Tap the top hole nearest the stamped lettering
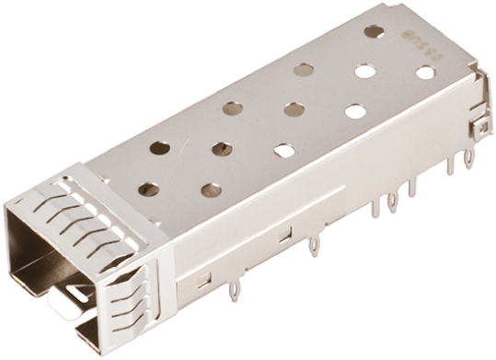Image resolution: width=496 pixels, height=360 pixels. [374, 31]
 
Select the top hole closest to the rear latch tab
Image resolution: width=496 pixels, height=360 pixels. [425, 72]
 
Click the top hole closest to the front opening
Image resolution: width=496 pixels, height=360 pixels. [148, 189]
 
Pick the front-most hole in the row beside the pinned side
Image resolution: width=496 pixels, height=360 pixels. [211, 190]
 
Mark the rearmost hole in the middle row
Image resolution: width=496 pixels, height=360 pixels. [364, 70]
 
